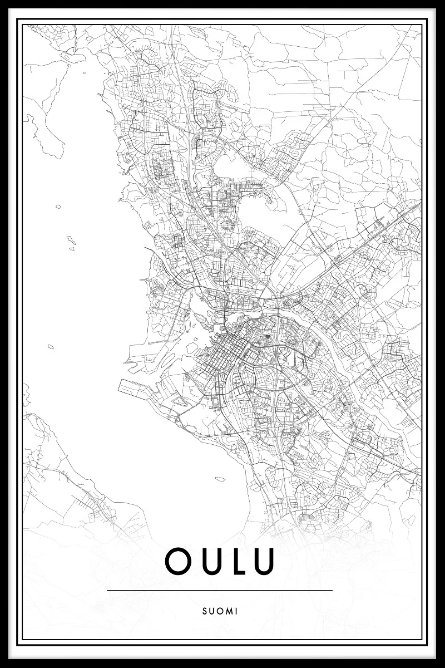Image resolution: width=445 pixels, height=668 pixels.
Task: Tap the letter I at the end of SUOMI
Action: click(x=236, y=611)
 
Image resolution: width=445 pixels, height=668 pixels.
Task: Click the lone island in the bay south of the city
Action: click(x=221, y=477)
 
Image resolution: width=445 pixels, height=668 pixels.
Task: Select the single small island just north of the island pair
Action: click(x=58, y=207)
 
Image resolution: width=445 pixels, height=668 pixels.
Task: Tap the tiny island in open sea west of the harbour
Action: click(x=51, y=346)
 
